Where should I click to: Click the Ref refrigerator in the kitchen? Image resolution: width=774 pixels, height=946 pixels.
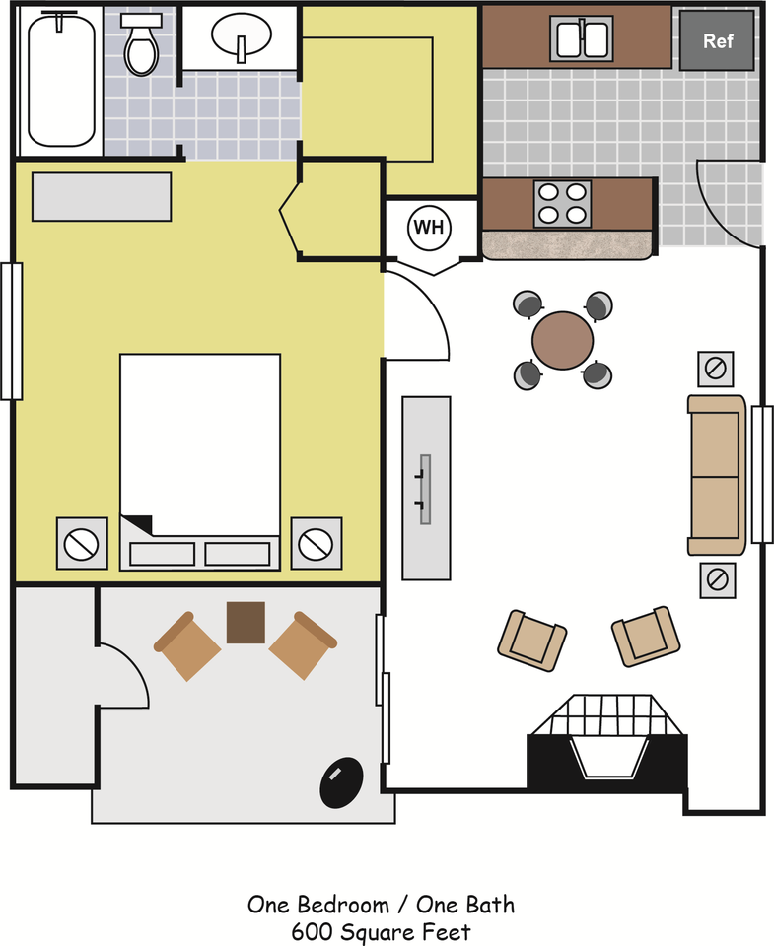[717, 40]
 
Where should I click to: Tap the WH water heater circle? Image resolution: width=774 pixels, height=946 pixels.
[429, 228]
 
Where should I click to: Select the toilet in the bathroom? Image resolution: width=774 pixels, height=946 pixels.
[141, 44]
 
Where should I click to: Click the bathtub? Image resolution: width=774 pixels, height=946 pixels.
[61, 80]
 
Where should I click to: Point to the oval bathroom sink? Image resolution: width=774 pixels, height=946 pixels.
[241, 34]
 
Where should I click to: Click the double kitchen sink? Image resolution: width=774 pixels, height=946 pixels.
[582, 38]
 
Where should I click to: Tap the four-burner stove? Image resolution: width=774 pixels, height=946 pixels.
[563, 204]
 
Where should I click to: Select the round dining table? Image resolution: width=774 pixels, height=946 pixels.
[563, 340]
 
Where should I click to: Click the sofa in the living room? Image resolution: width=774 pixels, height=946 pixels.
[717, 475]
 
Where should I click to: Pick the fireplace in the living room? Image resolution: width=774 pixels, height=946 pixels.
[607, 742]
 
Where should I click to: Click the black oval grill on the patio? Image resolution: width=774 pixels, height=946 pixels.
[342, 782]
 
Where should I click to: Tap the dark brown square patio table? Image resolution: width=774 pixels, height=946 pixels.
[246, 622]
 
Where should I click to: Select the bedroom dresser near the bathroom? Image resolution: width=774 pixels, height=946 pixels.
[102, 197]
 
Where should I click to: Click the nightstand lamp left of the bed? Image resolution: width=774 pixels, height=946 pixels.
[82, 543]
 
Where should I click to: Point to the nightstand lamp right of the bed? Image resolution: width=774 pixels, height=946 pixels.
[317, 543]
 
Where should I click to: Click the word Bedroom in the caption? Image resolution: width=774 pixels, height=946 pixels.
[343, 905]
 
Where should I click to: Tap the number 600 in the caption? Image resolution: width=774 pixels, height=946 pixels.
[313, 932]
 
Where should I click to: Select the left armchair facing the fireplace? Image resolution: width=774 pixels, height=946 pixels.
[531, 641]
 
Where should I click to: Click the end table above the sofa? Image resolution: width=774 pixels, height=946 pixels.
[716, 369]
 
